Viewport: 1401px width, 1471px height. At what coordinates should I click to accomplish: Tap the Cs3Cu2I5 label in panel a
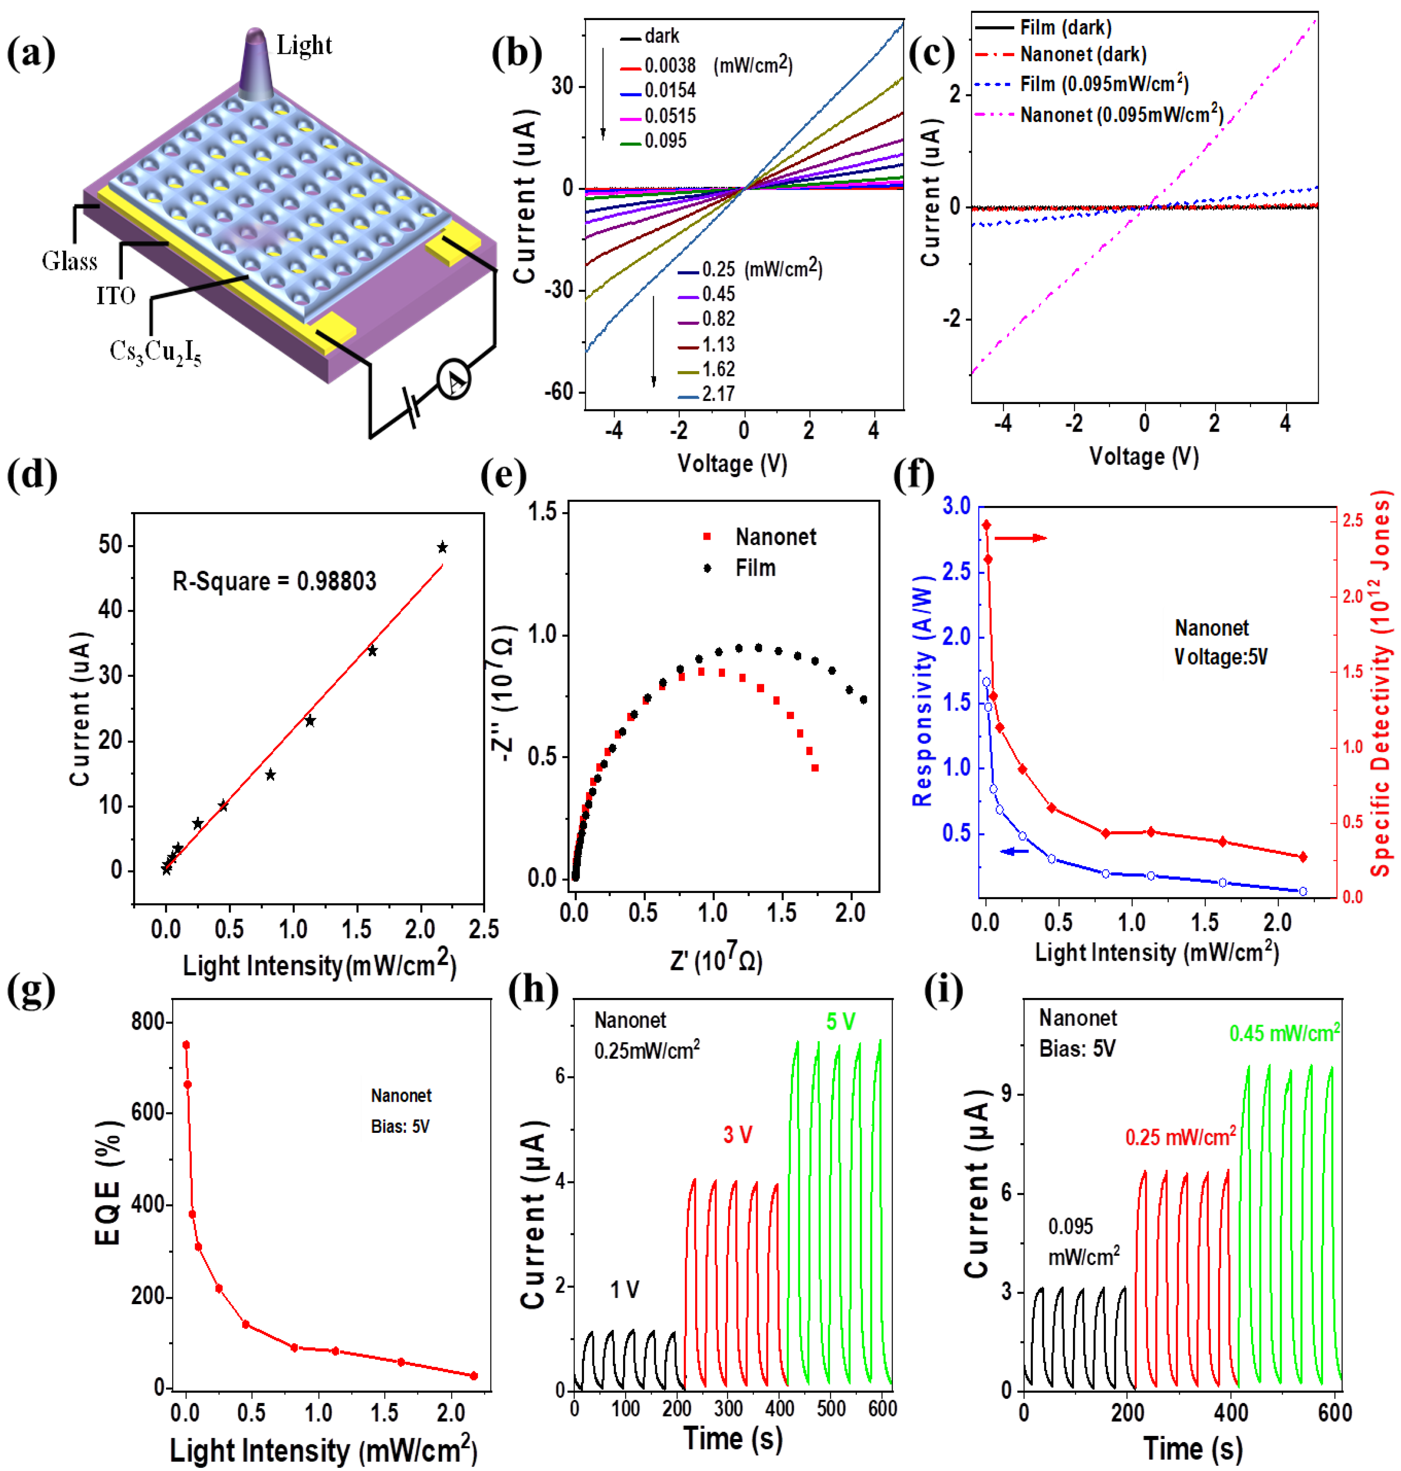click(155, 352)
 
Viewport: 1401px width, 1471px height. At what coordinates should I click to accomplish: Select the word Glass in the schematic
click(69, 261)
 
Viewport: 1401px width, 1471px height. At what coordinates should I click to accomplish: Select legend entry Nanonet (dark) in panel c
click(1083, 55)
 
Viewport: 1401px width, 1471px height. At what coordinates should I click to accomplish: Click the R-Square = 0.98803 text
click(274, 581)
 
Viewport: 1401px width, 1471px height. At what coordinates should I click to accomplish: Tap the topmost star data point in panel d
click(442, 547)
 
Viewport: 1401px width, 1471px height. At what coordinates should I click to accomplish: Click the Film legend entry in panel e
click(755, 568)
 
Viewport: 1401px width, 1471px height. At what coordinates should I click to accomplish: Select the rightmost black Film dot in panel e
click(863, 699)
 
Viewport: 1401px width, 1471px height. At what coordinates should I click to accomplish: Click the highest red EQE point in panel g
click(186, 1045)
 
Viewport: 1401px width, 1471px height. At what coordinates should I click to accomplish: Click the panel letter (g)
click(31, 991)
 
